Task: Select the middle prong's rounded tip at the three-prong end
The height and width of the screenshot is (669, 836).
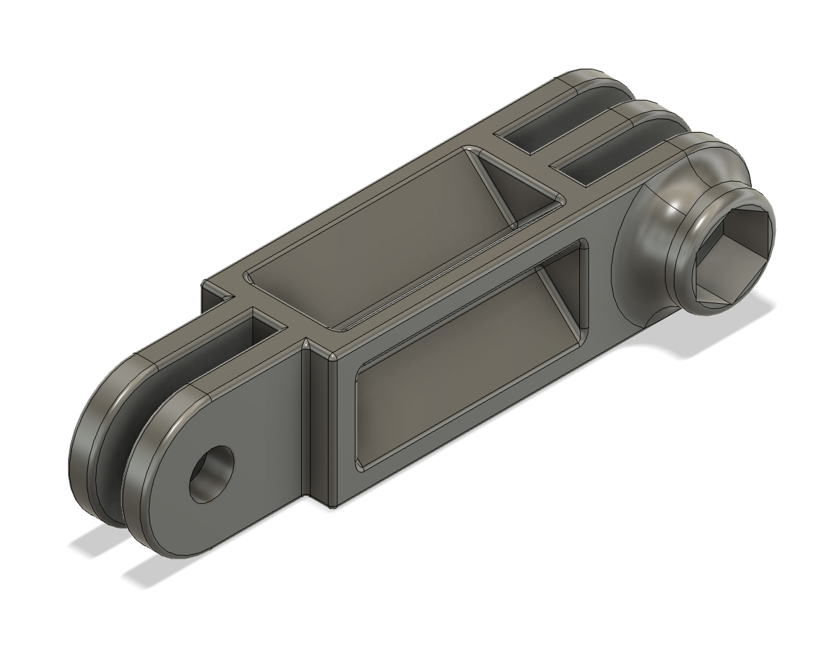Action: (x=643, y=111)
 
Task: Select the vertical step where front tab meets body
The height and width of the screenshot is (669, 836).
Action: (x=305, y=425)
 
